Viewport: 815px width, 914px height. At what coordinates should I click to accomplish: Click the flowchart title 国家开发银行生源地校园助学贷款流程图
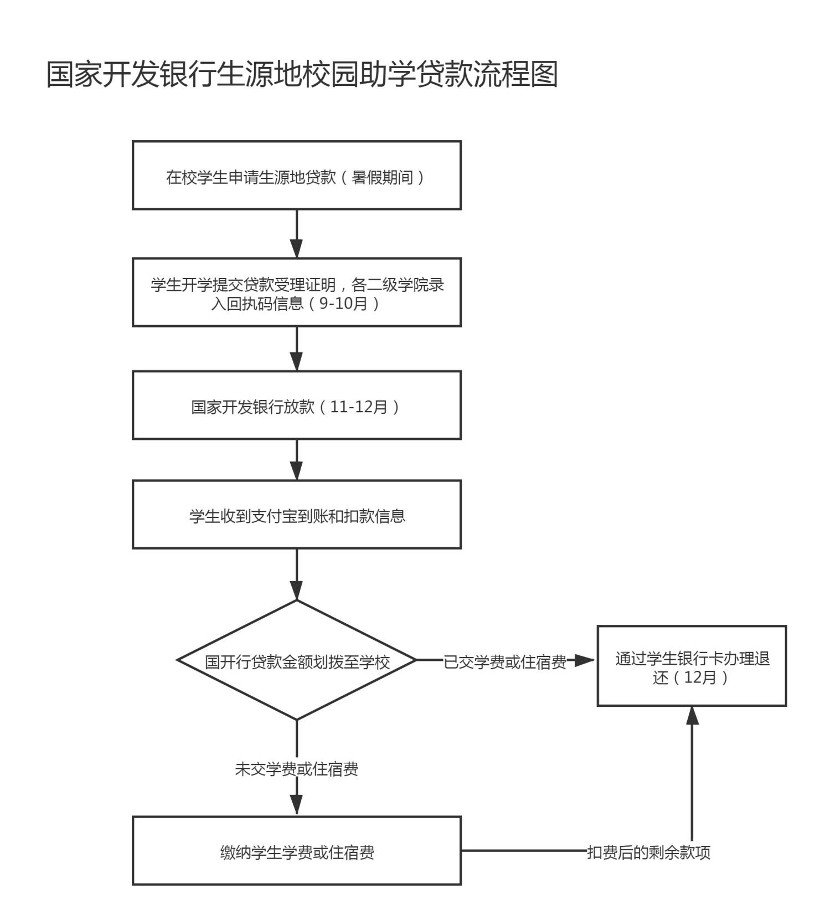pyautogui.click(x=302, y=74)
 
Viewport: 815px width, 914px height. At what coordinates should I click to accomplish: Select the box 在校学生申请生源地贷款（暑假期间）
pyautogui.click(x=297, y=176)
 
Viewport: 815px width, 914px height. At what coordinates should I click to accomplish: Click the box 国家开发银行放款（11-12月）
pyautogui.click(x=297, y=405)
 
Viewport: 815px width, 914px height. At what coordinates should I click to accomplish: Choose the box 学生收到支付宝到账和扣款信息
pyautogui.click(x=297, y=515)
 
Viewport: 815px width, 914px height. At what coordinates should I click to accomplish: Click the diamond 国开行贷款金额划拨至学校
pyautogui.click(x=297, y=660)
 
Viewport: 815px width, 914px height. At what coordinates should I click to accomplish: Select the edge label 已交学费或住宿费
pyautogui.click(x=504, y=662)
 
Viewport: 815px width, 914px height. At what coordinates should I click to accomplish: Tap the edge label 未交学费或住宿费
pyautogui.click(x=297, y=769)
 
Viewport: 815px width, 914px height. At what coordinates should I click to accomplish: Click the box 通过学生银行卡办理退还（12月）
pyautogui.click(x=692, y=666)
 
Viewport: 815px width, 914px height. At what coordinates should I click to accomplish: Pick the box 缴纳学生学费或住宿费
pyautogui.click(x=297, y=851)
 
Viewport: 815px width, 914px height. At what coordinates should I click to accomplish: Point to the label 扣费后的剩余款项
pyautogui.click(x=648, y=853)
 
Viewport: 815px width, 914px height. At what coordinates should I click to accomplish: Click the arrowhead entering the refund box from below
pyautogui.click(x=692, y=716)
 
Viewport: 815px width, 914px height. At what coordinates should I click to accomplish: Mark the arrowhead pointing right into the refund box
pyautogui.click(x=584, y=660)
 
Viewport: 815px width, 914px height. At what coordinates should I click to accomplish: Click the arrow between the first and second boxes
pyautogui.click(x=297, y=234)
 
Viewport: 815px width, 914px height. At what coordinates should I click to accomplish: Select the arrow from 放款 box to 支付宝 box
pyautogui.click(x=297, y=460)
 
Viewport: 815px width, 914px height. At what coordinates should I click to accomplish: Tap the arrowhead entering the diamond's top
pyautogui.click(x=297, y=590)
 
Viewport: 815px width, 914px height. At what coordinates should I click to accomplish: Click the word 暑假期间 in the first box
pyautogui.click(x=383, y=178)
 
